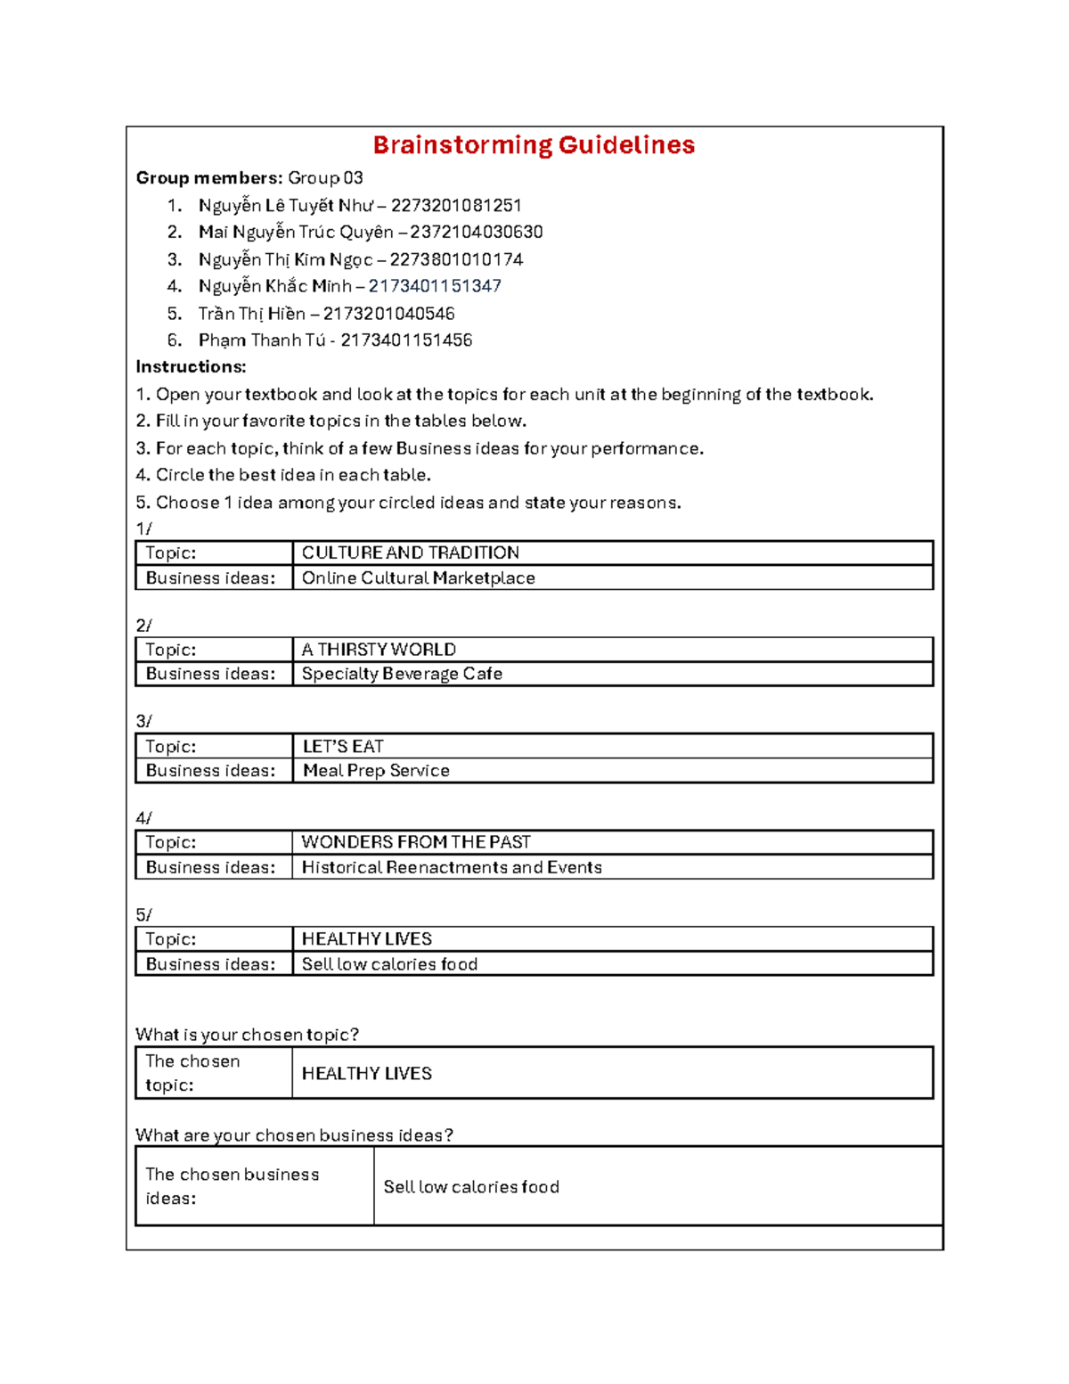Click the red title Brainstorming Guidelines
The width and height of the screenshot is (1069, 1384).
tap(533, 145)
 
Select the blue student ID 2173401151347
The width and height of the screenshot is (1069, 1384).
tap(435, 286)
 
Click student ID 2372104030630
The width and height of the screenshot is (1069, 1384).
tap(477, 233)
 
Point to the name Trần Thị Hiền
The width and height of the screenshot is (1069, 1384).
tap(251, 314)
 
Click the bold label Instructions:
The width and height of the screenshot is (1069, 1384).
tap(191, 367)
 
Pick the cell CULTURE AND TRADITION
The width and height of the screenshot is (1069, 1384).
tap(410, 553)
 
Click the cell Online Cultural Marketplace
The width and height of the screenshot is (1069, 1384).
tap(418, 578)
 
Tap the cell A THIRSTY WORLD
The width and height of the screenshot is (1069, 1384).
tap(379, 650)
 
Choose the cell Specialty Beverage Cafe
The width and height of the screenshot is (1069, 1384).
tap(402, 674)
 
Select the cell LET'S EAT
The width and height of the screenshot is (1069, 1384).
tap(343, 747)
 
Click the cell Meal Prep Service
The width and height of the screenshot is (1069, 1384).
tap(376, 771)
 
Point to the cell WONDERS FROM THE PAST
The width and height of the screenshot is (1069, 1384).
tap(416, 842)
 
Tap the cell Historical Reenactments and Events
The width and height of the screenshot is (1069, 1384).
tap(452, 867)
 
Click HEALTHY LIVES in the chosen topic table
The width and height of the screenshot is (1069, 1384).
tap(366, 1074)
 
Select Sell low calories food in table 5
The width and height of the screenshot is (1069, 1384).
tap(389, 964)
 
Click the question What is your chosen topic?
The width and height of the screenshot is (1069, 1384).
tap(247, 1035)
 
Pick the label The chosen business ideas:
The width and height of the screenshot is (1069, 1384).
tap(232, 1186)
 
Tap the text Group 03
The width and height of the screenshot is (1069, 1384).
tap(325, 178)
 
